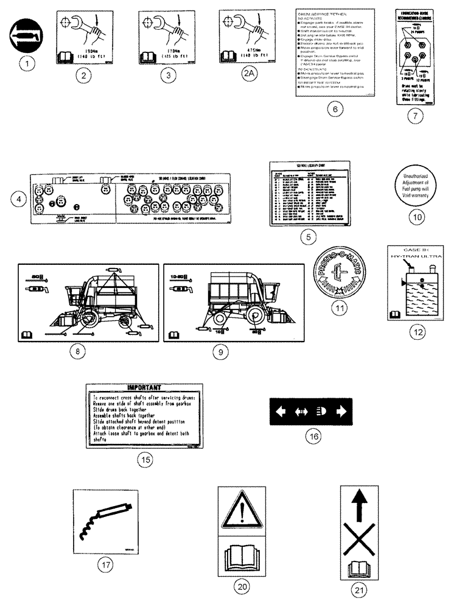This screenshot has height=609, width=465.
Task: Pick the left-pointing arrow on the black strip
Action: coord(282,411)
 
